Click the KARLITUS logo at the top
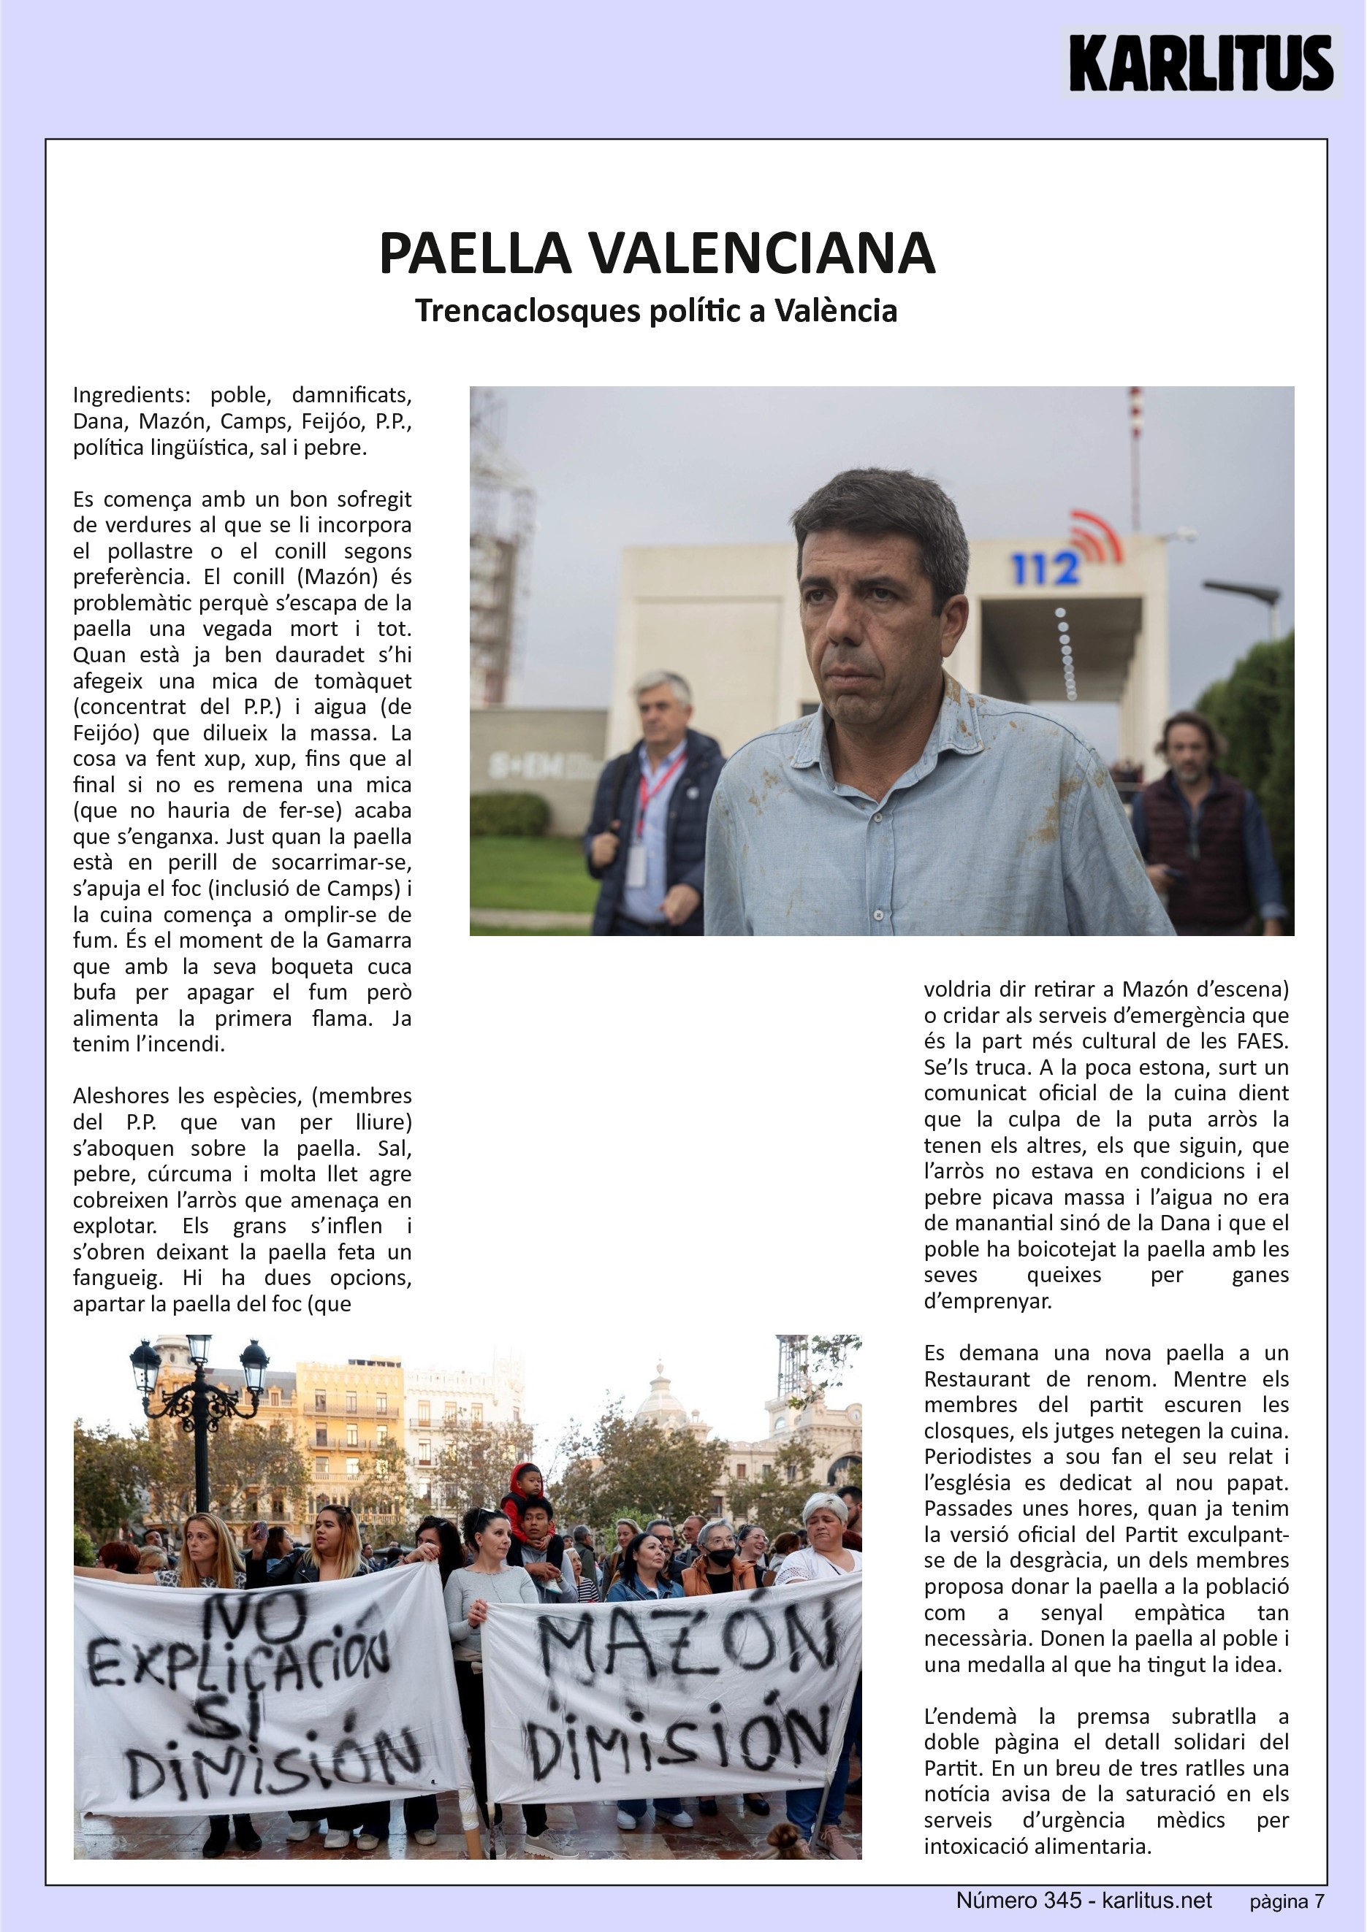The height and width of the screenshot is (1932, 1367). (x=1201, y=63)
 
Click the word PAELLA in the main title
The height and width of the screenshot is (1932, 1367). (x=476, y=253)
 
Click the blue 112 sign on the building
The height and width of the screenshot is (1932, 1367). (x=1046, y=570)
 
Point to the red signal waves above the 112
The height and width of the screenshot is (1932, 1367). (x=1097, y=535)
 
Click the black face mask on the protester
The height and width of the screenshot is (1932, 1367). (x=720, y=1557)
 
